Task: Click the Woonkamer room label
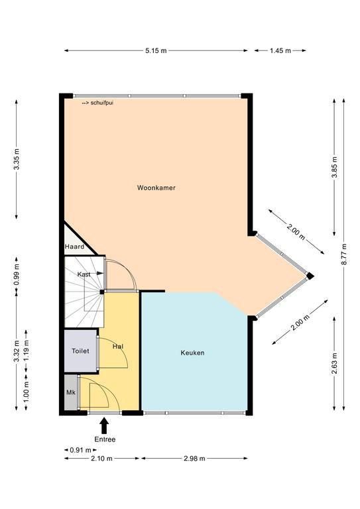click(156, 188)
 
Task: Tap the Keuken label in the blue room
click(192, 353)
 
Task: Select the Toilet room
click(80, 351)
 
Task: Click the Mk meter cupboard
click(71, 392)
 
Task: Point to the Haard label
click(74, 247)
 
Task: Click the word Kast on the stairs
click(84, 274)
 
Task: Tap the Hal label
click(118, 347)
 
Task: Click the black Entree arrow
click(104, 425)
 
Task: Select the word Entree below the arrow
click(105, 439)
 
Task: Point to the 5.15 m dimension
click(156, 50)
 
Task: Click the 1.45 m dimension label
click(280, 50)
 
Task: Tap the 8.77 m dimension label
click(344, 254)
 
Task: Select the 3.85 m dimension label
click(335, 167)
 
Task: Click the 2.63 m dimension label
click(335, 363)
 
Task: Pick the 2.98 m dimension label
click(194, 459)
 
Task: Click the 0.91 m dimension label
click(80, 450)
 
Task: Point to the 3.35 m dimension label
click(17, 159)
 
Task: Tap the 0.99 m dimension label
click(17, 274)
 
